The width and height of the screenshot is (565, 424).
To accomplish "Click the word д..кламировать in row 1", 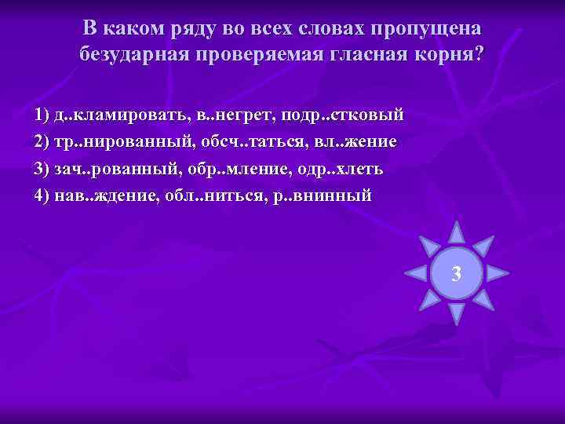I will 116,115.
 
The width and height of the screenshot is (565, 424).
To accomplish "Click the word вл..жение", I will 355,142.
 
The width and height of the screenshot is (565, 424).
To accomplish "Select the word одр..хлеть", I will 332,169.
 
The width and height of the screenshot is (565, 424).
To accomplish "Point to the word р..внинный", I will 323,196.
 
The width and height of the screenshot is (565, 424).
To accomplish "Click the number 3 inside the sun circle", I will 457,273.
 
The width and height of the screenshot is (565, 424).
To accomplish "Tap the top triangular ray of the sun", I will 457,232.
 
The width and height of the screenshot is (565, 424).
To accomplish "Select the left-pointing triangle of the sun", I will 416,273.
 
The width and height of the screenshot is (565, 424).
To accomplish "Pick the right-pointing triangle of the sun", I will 498,273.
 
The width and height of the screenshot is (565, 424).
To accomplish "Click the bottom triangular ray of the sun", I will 457,314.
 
